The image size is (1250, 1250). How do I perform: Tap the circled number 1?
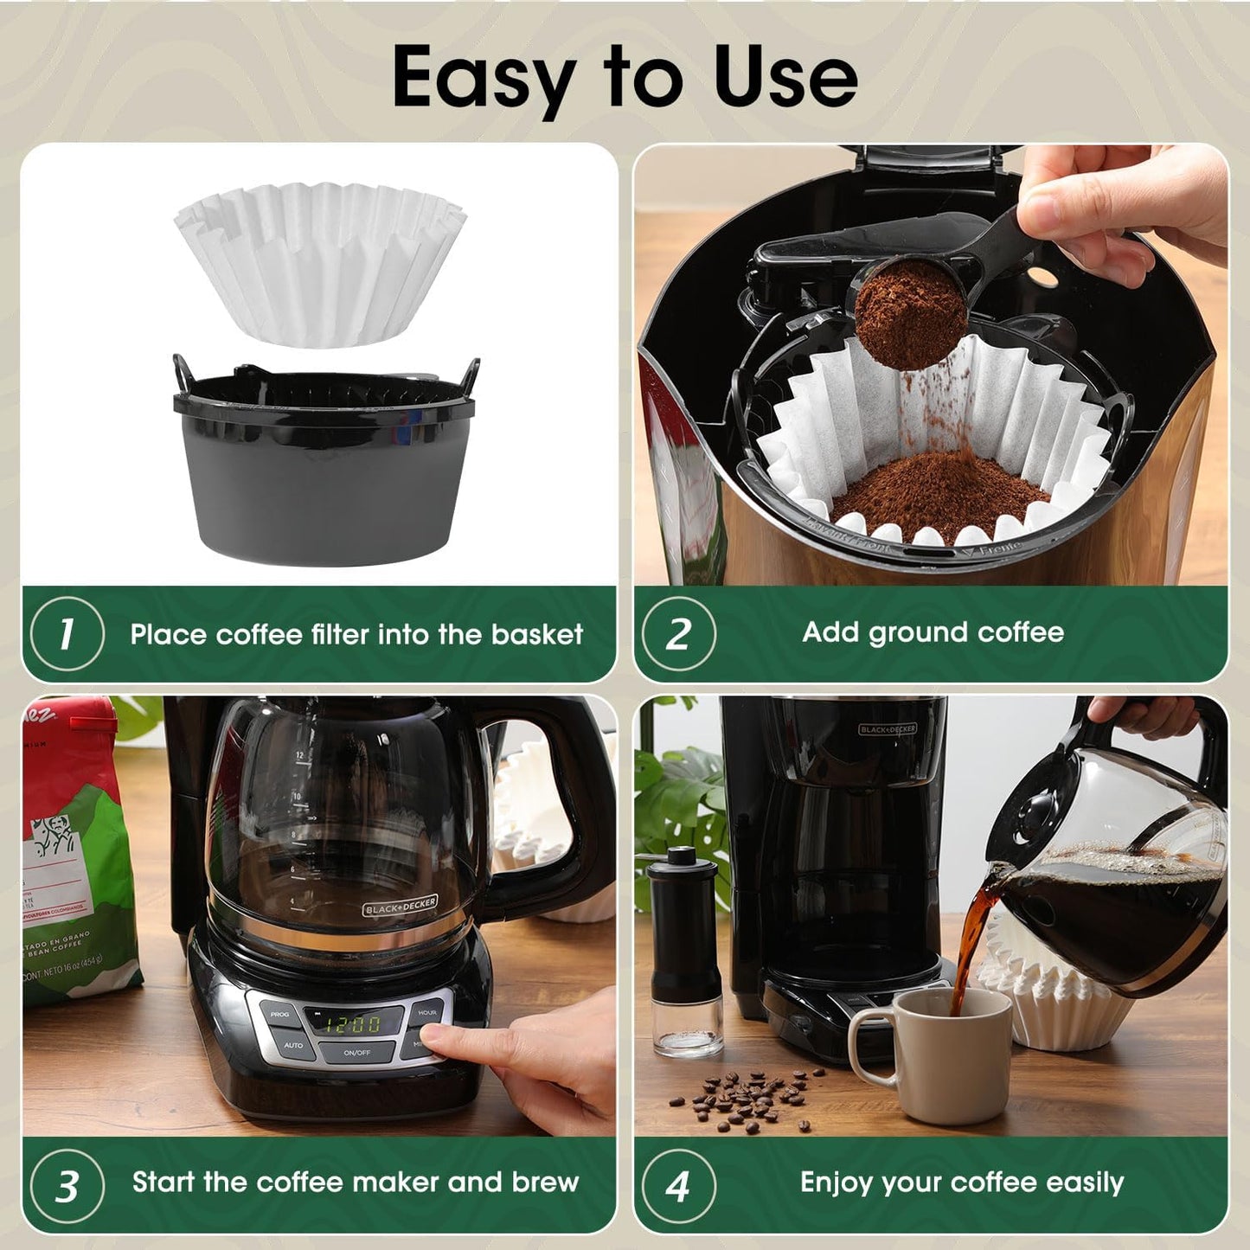[67, 634]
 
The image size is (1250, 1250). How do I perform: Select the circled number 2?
[678, 634]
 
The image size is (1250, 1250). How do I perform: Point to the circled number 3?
[67, 1185]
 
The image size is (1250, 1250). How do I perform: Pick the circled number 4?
[678, 1185]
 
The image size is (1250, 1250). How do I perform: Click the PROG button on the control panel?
[279, 1013]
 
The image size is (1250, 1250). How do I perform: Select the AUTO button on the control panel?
[292, 1045]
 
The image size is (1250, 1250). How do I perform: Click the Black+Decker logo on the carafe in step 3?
[400, 906]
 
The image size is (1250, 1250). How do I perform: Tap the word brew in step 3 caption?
[545, 1182]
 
